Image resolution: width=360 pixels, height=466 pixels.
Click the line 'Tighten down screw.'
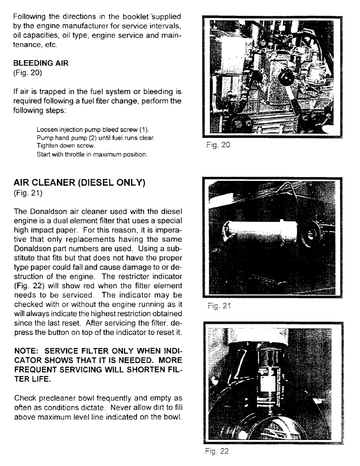[x=65, y=145]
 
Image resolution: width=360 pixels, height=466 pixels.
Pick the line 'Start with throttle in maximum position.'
[x=92, y=154]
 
